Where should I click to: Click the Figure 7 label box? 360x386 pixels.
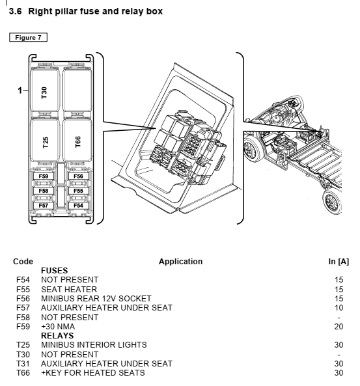[28, 37]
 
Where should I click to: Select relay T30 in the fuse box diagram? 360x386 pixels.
[44, 90]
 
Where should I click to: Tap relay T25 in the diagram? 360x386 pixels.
[44, 141]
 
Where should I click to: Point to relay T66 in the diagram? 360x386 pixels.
[77, 141]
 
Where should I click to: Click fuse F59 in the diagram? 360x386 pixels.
[44, 176]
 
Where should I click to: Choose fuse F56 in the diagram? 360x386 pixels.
[78, 176]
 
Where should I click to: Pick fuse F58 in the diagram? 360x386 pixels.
[44, 191]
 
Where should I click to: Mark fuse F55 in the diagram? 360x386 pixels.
[78, 191]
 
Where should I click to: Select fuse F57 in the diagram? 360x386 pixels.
[44, 205]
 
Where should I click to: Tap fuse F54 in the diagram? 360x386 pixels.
[78, 205]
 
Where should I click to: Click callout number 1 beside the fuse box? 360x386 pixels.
[20, 90]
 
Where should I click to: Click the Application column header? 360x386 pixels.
[180, 262]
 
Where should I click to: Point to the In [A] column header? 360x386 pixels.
[339, 262]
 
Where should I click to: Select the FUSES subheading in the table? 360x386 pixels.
[55, 271]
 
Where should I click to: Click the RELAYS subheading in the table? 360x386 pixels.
[57, 335]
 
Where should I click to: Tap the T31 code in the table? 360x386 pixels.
[23, 364]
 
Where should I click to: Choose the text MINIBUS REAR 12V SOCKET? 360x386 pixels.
[96, 299]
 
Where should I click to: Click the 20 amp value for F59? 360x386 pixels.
[339, 326]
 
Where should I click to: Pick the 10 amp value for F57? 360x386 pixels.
[339, 308]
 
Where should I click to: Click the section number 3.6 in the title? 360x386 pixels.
[15, 11]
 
